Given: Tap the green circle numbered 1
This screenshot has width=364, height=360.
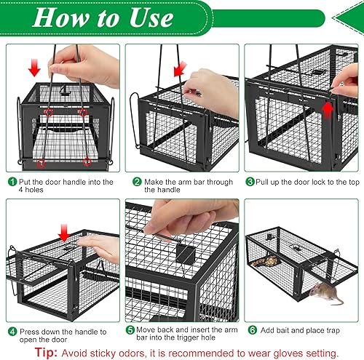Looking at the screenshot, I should pyautogui.click(x=12, y=182).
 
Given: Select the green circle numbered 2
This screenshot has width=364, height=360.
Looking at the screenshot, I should pyautogui.click(x=136, y=182).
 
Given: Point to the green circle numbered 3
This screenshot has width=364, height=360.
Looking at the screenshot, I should pyautogui.click(x=250, y=182).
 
